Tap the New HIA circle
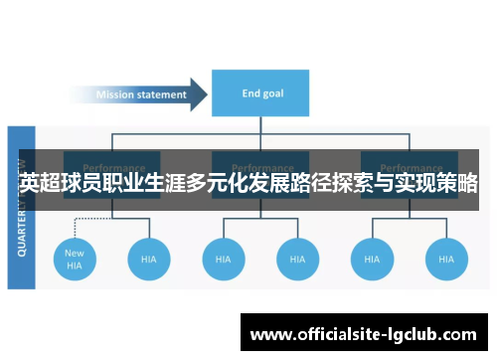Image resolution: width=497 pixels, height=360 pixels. pyautogui.click(x=75, y=259)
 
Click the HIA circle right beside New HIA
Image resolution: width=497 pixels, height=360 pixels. pyautogui.click(x=149, y=259)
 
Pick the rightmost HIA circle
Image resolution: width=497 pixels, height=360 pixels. pyautogui.click(x=445, y=259)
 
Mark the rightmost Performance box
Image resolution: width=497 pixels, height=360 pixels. pyautogui.click(x=410, y=168)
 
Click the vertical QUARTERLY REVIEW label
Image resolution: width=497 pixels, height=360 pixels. pyautogui.click(x=22, y=209)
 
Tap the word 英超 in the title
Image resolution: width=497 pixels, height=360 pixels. pyautogui.click(x=40, y=185)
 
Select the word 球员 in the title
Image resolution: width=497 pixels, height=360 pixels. pyautogui.click(x=83, y=185)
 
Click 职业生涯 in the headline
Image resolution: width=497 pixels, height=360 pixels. pyautogui.click(x=149, y=185)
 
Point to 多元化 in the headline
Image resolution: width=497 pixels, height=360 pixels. pyautogui.click(x=226, y=185)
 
